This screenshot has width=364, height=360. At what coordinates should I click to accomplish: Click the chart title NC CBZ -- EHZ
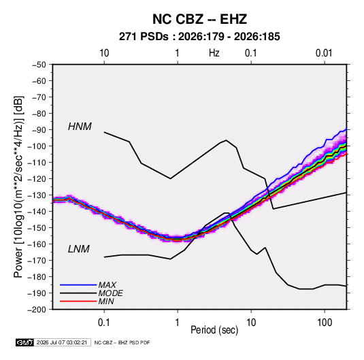point(199,19)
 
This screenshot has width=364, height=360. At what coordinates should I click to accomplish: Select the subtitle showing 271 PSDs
point(199,37)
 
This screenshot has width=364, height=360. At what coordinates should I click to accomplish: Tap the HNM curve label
point(80,127)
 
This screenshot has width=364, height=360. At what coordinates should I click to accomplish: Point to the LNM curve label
point(79,249)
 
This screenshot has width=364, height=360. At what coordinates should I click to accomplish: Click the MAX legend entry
point(107,285)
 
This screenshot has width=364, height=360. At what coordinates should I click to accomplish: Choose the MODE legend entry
point(110,293)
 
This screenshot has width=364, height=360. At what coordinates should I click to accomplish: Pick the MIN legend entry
point(106,301)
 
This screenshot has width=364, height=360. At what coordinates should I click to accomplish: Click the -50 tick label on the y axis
point(39,65)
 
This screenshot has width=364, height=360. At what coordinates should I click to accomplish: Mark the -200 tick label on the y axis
point(37,310)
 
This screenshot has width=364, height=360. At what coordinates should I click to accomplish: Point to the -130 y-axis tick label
point(37,195)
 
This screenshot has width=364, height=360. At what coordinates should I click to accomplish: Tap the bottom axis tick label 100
point(325,323)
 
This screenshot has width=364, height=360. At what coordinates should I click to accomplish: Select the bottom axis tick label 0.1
point(104,323)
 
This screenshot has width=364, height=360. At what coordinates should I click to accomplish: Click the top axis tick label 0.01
point(324,53)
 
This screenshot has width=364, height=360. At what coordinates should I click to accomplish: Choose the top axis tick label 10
point(104,53)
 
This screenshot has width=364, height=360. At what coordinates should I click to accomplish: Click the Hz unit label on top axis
point(214,53)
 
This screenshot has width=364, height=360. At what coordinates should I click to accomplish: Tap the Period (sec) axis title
point(214,330)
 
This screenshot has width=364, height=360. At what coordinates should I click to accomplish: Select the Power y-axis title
point(18,187)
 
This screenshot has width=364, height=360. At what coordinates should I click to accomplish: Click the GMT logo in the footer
point(24,342)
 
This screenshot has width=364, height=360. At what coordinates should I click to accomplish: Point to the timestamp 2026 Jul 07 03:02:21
point(62,342)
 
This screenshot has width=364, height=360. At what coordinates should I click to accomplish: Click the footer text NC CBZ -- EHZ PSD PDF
point(122,342)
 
